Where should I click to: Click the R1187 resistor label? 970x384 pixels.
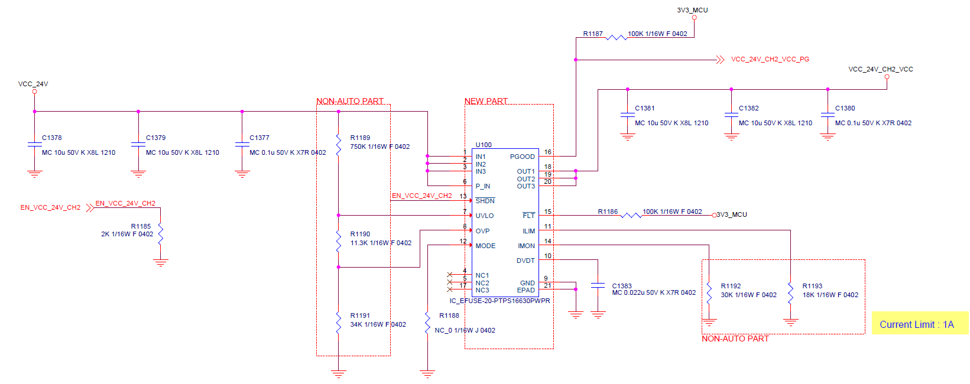point(593,34)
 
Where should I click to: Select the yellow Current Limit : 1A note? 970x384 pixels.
point(916,324)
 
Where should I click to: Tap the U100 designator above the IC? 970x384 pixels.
point(484,145)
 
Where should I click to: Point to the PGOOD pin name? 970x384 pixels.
point(522,157)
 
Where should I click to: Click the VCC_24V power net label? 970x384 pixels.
point(33,84)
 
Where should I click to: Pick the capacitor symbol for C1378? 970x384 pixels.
point(34,144)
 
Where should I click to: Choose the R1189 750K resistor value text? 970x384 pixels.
point(379,147)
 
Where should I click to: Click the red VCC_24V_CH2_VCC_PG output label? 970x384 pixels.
point(770,59)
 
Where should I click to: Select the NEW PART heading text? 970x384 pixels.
point(486,101)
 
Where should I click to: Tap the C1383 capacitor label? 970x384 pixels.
point(622,286)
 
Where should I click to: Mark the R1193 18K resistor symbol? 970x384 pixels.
point(790,293)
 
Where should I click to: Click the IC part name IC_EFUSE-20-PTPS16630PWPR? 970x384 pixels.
point(499,301)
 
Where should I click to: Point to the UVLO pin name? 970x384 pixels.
point(485,216)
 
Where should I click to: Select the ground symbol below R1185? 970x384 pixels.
point(160,262)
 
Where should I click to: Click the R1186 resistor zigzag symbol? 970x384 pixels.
point(631,215)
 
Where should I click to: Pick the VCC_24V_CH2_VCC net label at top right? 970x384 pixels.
point(880,69)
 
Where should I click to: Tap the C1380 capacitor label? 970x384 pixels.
point(845,108)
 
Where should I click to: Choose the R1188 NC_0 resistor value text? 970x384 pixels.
point(465,330)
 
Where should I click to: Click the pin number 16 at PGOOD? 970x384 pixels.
point(547,152)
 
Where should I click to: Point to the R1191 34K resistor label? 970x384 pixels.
point(360,315)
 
